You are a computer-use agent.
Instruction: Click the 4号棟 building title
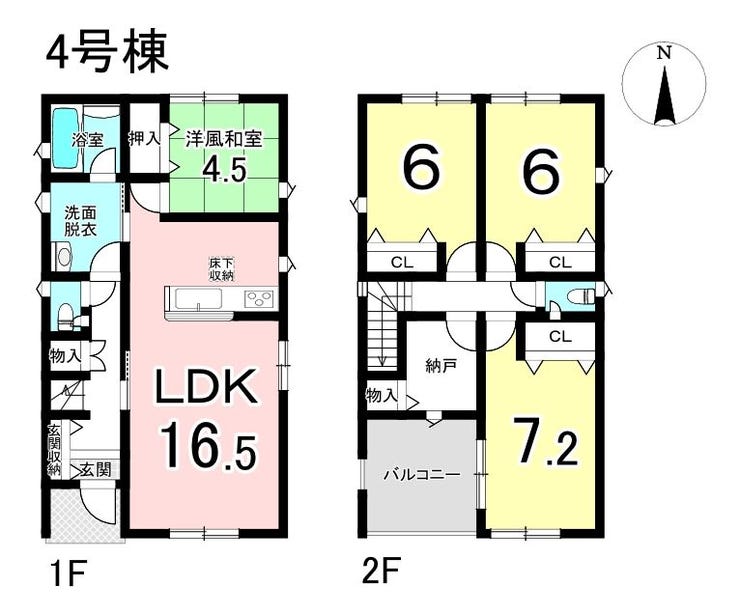point(107,51)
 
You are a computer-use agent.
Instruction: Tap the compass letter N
point(664,53)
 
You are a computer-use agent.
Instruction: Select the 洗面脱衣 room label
point(81,221)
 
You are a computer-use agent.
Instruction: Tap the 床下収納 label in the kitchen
point(222,269)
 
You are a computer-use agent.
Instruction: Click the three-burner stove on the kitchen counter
point(259,299)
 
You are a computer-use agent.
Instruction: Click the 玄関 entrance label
point(96,470)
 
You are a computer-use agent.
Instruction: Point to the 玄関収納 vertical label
point(54,451)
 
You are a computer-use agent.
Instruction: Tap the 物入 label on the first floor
point(65,355)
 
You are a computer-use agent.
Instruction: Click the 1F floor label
point(67,571)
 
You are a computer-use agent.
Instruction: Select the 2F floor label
point(381,571)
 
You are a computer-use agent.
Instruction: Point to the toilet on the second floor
point(580,297)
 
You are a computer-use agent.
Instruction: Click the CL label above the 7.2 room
point(560,336)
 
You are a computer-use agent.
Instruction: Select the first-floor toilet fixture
point(64,312)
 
